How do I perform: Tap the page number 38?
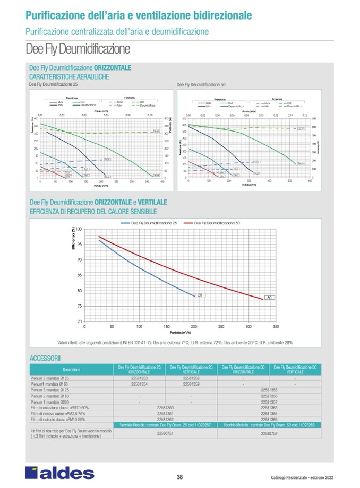pos(179,476)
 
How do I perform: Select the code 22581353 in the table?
pos(139,378)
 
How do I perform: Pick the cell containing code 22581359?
pos(191,384)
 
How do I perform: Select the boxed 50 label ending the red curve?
pos(269,298)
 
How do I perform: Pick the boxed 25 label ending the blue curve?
pos(201,294)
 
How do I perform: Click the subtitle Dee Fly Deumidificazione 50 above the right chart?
pos(201,85)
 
